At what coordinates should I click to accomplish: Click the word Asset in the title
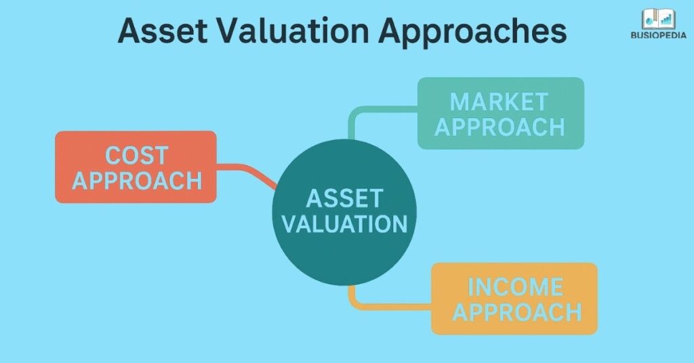[163, 30]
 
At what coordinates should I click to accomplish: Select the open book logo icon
[659, 19]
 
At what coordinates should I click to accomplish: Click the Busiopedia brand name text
[659, 35]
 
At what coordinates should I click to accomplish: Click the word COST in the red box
[137, 155]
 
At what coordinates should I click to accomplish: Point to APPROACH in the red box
[137, 180]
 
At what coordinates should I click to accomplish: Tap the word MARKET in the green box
[499, 102]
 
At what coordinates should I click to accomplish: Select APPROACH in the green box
[499, 127]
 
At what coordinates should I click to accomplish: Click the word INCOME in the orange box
[515, 287]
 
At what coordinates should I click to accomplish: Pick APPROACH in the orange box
[517, 312]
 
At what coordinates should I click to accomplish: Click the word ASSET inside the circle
[344, 198]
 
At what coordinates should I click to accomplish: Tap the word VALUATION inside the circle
[344, 223]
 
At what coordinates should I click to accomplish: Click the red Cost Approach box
[136, 167]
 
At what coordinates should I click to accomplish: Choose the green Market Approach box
[501, 113]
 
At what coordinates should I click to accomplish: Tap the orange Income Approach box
[514, 299]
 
